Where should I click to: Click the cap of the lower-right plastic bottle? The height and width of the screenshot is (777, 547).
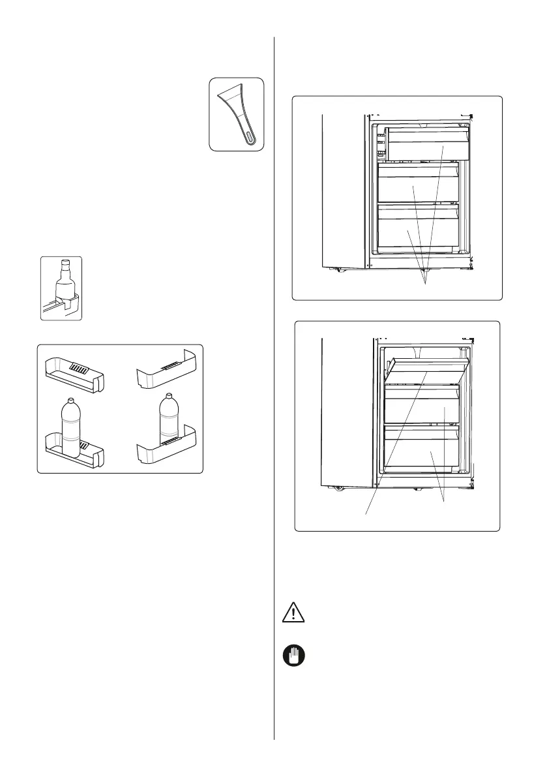tap(169, 396)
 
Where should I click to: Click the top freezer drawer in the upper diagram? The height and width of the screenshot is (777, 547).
tap(428, 144)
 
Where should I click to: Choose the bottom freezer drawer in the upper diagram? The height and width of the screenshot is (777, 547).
tap(417, 232)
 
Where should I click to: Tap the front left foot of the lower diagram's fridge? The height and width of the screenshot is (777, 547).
tap(338, 487)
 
